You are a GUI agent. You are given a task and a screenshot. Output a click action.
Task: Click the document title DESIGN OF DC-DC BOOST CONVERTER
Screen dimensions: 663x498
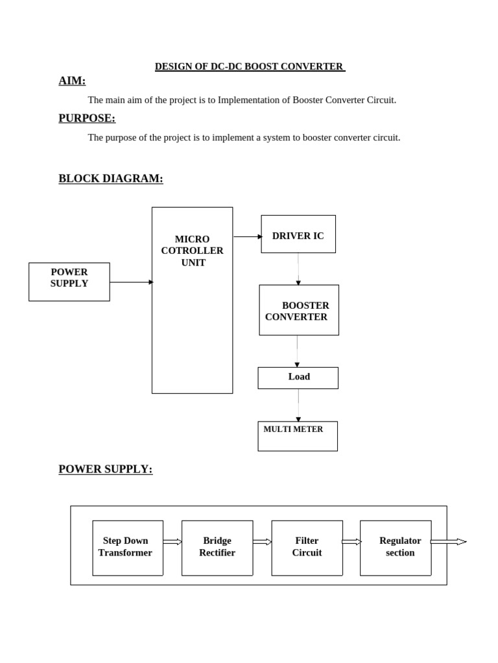pyautogui.click(x=250, y=67)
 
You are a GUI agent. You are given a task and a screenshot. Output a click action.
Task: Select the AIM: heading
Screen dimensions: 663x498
pyautogui.click(x=72, y=81)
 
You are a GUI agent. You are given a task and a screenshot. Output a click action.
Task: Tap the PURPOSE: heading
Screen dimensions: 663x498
pyautogui.click(x=87, y=118)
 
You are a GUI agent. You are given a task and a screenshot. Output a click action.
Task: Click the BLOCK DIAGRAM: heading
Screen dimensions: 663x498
pyautogui.click(x=111, y=179)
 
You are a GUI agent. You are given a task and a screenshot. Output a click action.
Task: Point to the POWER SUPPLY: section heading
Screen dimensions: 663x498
pyautogui.click(x=106, y=469)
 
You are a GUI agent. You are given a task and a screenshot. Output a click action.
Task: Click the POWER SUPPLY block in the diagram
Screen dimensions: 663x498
pyautogui.click(x=69, y=282)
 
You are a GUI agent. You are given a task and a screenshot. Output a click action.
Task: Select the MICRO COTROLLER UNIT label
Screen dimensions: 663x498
pyautogui.click(x=192, y=251)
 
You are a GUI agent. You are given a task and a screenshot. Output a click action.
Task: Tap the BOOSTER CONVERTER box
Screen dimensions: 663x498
pyautogui.click(x=299, y=310)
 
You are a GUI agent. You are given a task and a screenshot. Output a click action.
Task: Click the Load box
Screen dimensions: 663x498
pyautogui.click(x=298, y=377)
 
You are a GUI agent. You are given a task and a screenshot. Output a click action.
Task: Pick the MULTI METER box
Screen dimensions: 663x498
pyautogui.click(x=298, y=436)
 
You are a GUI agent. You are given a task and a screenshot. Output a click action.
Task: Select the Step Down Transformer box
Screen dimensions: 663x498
pyautogui.click(x=128, y=548)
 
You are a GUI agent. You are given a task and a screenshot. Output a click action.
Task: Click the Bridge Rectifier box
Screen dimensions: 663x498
pyautogui.click(x=217, y=548)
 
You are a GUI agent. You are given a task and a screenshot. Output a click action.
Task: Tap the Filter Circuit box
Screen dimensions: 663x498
pyautogui.click(x=307, y=548)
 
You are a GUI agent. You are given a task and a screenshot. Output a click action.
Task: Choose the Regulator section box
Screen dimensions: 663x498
pyautogui.click(x=396, y=548)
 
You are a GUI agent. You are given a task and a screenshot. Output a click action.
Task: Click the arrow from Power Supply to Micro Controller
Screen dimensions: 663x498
pyautogui.click(x=132, y=282)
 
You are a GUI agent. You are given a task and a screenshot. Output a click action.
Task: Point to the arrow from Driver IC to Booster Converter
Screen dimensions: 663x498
pyautogui.click(x=298, y=269)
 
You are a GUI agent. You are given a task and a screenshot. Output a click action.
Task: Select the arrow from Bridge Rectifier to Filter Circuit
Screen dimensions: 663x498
pyautogui.click(x=262, y=542)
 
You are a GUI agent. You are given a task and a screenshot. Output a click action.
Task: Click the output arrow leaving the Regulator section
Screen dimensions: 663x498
pyautogui.click(x=448, y=542)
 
